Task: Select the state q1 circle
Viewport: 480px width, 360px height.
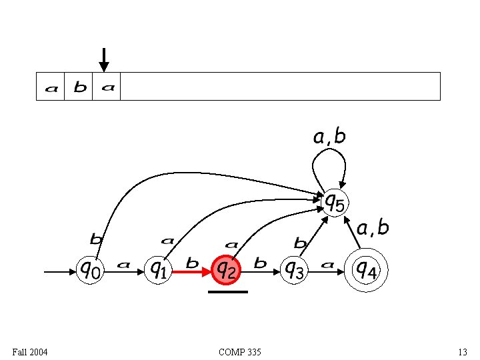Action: (x=158, y=270)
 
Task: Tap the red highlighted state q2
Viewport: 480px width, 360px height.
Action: (x=226, y=270)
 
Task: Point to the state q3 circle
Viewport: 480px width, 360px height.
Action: (x=294, y=270)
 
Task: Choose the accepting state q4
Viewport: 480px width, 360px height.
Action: (x=365, y=270)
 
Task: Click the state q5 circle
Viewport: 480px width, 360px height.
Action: (x=334, y=202)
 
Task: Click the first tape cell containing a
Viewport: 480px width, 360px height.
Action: (x=51, y=87)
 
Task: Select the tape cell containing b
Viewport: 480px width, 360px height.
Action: (x=79, y=87)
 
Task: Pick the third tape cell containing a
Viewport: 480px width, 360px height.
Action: (x=107, y=87)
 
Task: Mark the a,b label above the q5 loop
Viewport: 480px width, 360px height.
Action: (x=329, y=137)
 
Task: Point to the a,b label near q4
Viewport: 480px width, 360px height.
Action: (x=373, y=229)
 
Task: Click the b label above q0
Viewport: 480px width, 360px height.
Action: (x=96, y=238)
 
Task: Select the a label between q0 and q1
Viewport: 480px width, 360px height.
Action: (x=123, y=265)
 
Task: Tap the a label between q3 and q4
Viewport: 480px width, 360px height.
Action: (x=327, y=265)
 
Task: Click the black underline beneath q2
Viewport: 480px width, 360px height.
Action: (x=228, y=291)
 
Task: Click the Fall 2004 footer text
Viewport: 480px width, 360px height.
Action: (x=30, y=351)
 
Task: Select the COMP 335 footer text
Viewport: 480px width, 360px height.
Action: (x=239, y=351)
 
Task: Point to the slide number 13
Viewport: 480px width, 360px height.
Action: (x=462, y=351)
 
